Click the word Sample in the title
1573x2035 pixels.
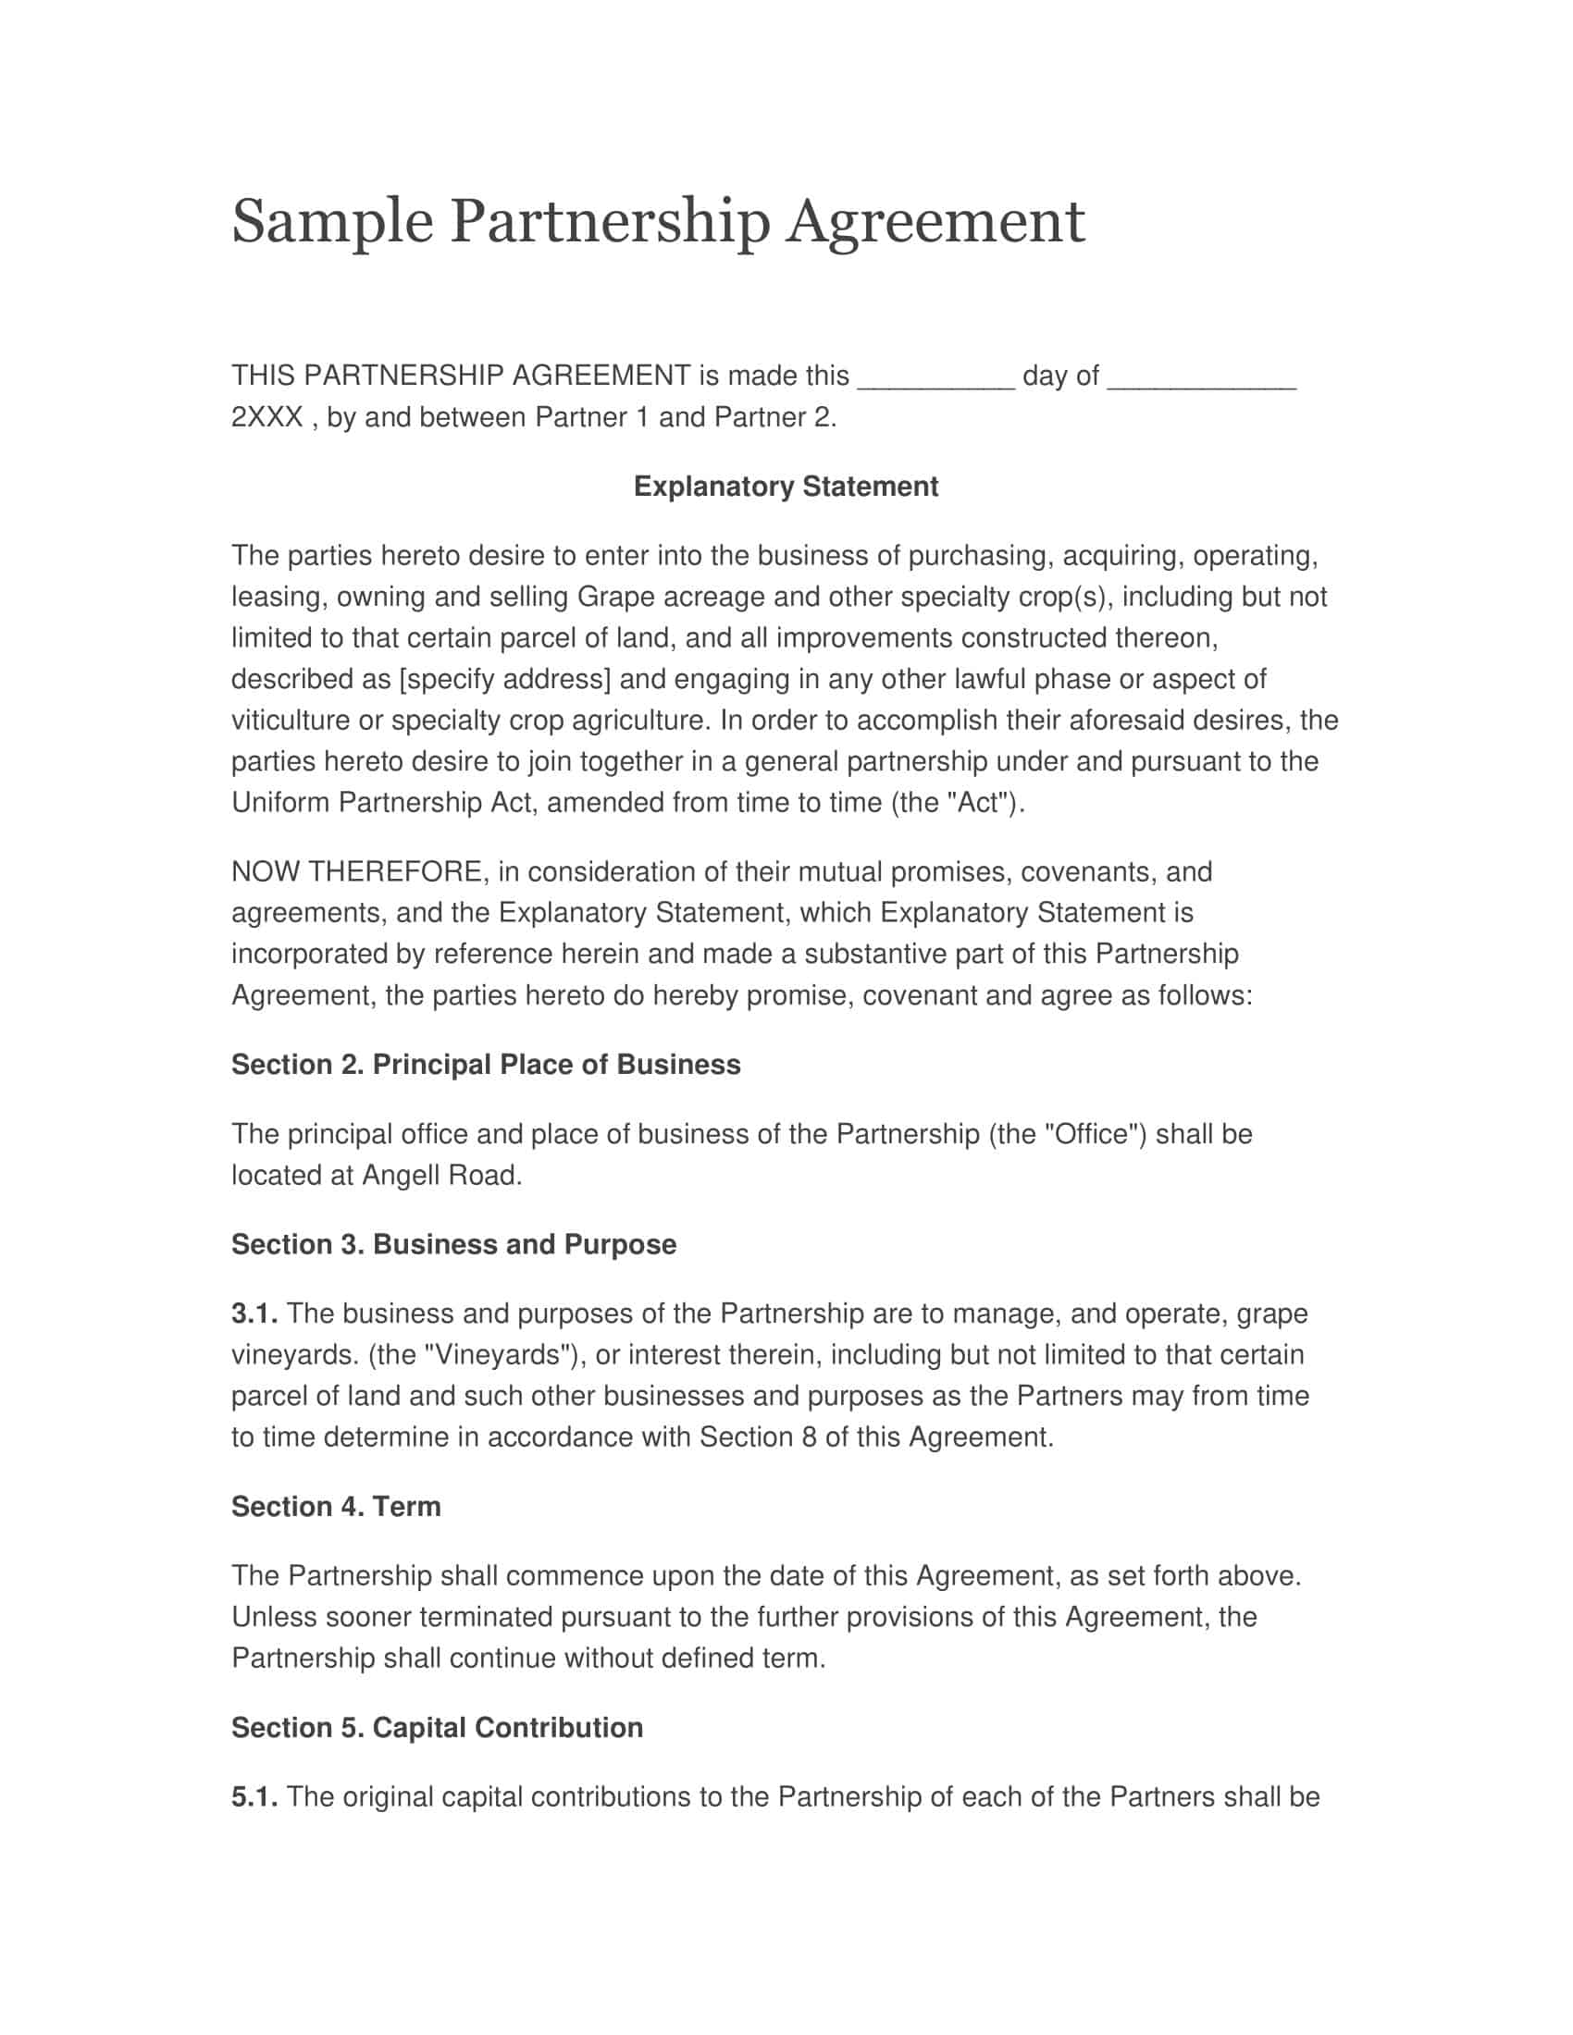[332, 223]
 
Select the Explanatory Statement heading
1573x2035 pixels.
[786, 487]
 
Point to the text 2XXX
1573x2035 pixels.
[266, 417]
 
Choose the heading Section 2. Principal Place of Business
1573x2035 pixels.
[486, 1064]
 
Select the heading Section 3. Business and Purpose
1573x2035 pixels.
[453, 1245]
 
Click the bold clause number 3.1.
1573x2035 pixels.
[254, 1313]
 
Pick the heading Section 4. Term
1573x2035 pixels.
[336, 1507]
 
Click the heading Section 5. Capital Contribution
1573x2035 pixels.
[437, 1728]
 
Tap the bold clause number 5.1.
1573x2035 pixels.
[254, 1796]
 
